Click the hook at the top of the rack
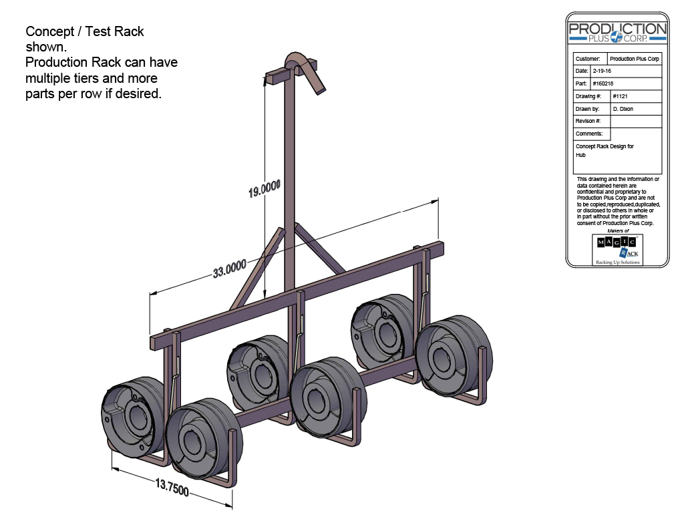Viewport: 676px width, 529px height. (x=304, y=67)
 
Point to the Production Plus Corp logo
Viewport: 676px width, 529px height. (x=617, y=32)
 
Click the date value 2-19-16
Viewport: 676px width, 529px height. (x=601, y=71)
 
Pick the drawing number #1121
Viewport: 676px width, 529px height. (x=621, y=96)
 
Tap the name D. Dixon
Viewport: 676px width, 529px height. (x=623, y=109)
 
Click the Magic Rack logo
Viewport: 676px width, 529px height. (x=617, y=247)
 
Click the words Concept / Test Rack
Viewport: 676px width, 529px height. (x=85, y=31)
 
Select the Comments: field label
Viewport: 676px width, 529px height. (x=589, y=134)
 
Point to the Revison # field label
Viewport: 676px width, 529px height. (x=588, y=122)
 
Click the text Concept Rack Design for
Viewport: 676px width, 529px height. (x=605, y=146)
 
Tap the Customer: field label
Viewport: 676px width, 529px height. (x=588, y=59)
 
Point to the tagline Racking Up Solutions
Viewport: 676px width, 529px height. (x=617, y=262)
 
